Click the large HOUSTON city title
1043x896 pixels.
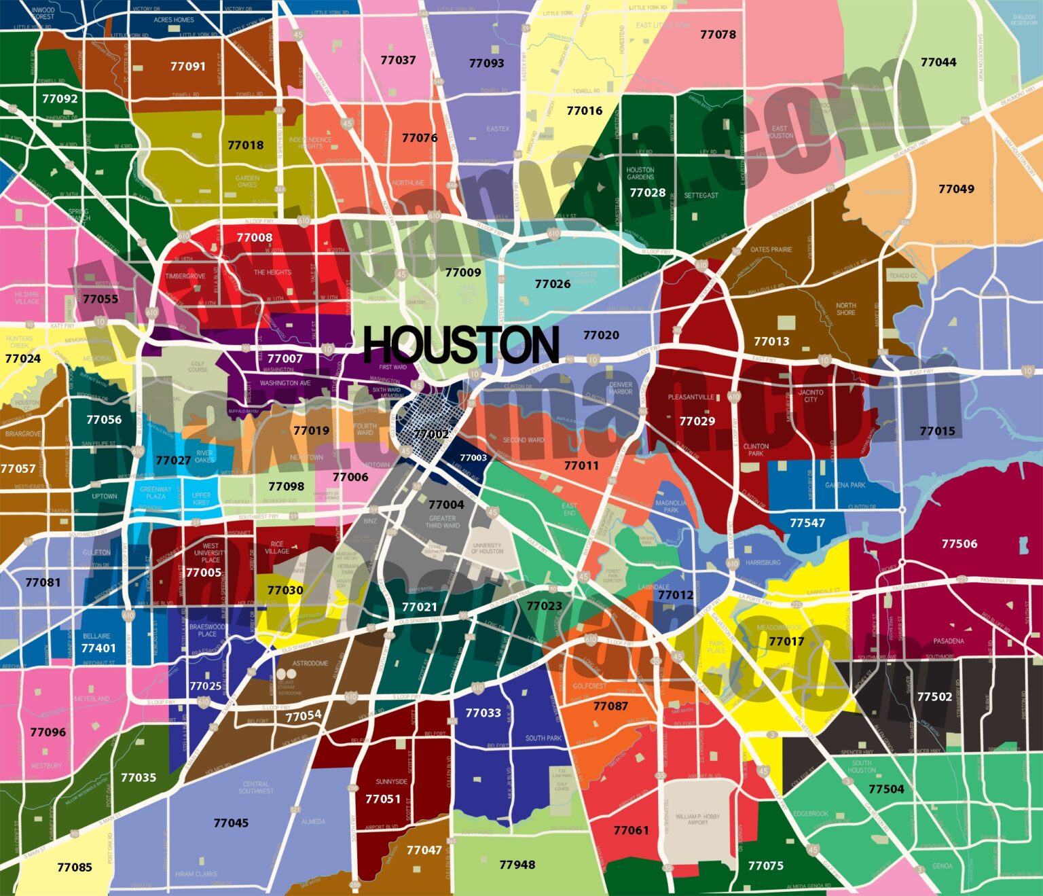[x=461, y=344]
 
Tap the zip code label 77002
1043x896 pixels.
[x=431, y=434]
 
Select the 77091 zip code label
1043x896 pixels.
[x=187, y=66]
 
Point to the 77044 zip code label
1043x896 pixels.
[x=938, y=62]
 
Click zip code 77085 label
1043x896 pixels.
[x=75, y=867]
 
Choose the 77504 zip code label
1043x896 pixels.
[x=886, y=789]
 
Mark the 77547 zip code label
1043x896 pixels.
[x=807, y=522]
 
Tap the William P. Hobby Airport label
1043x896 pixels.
[x=697, y=819]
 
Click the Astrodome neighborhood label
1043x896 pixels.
[x=310, y=663]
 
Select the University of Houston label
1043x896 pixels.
[x=487, y=548]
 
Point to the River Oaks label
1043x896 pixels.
[x=204, y=456]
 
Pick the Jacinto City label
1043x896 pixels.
[x=811, y=395]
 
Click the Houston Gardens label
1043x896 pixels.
[x=640, y=173]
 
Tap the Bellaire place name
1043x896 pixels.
[x=96, y=636]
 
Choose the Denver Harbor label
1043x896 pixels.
[x=621, y=388]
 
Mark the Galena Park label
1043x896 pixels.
[x=845, y=485]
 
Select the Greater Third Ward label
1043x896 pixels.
[x=443, y=522]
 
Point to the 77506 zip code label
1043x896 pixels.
[x=959, y=543]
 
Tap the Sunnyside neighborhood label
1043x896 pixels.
[x=392, y=781]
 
